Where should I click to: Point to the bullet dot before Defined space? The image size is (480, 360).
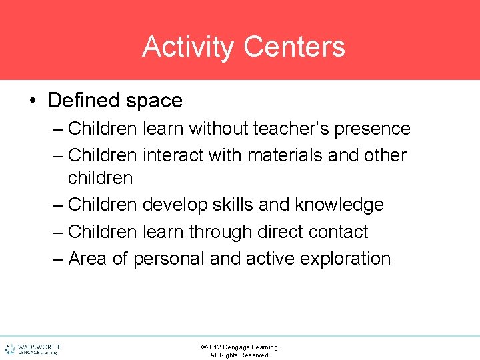click(33, 101)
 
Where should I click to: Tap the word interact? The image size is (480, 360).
click(173, 155)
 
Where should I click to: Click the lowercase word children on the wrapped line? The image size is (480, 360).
click(100, 178)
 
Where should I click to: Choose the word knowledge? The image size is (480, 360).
click(339, 205)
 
